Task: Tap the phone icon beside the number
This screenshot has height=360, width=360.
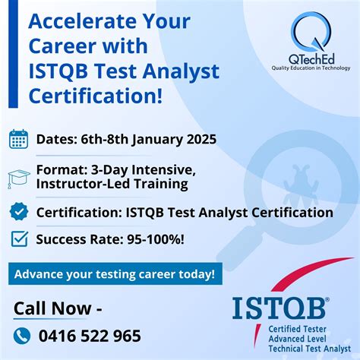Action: point(23,336)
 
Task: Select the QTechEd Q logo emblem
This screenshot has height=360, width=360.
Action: point(311,34)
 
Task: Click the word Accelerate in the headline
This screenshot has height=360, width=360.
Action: point(72,21)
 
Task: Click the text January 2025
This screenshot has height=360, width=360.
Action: point(171,139)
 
